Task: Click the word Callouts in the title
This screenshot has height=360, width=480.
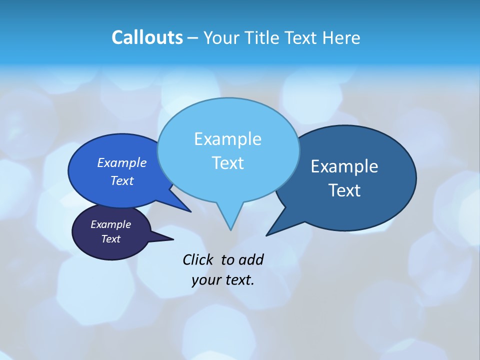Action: coord(147,37)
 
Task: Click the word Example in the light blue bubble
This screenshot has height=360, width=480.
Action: coord(227,139)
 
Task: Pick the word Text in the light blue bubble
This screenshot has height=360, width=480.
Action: coord(227,163)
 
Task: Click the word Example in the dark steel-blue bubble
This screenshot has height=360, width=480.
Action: coord(344,166)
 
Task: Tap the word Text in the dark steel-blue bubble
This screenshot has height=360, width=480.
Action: coord(344,190)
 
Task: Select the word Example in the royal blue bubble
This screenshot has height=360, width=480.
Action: coord(121,162)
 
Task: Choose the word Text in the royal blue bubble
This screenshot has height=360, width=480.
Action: coord(121,180)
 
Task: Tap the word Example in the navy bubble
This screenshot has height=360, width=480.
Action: coord(110,224)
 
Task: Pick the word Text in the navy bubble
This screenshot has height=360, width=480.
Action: coord(110,239)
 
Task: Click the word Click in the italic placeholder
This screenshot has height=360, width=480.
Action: coord(199,259)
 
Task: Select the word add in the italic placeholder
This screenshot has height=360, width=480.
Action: coord(251,259)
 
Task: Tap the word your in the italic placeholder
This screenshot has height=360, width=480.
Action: coord(205,280)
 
